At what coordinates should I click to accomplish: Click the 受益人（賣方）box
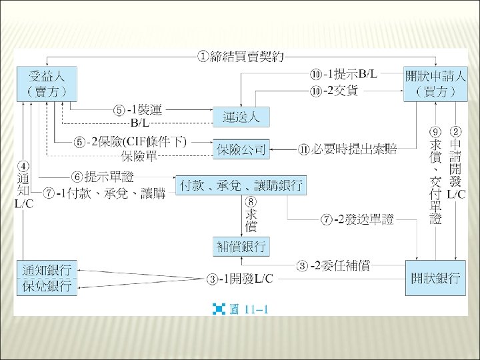[x=47, y=83]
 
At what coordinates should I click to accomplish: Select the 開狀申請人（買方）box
[x=435, y=83]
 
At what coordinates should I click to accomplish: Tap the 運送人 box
[x=241, y=118]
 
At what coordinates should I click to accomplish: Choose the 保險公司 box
[x=241, y=149]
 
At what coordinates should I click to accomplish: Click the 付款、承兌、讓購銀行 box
[x=241, y=185]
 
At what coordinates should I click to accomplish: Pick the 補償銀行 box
[x=241, y=247]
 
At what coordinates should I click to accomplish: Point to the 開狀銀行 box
[x=435, y=279]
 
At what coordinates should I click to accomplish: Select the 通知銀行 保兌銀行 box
[x=47, y=278]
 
